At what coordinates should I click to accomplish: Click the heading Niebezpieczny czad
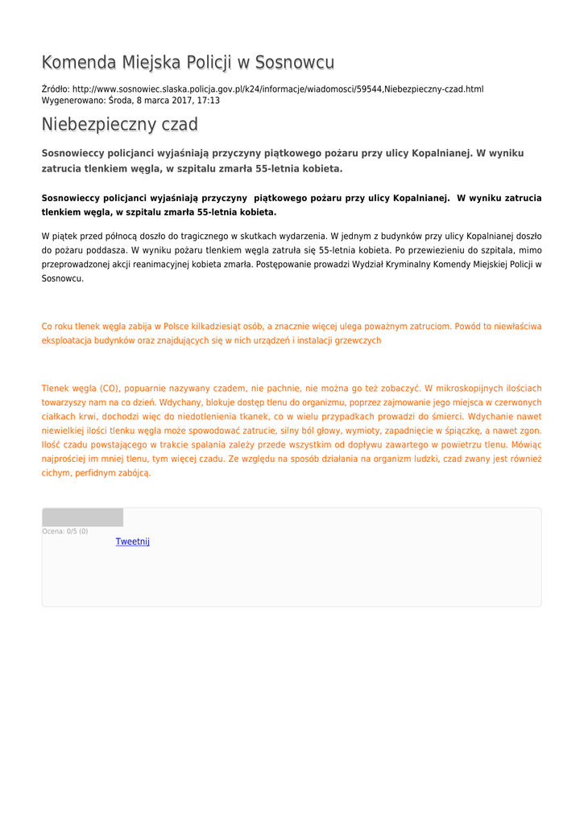[x=119, y=125]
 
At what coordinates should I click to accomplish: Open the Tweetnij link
[x=132, y=542]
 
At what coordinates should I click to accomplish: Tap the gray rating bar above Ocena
[x=82, y=517]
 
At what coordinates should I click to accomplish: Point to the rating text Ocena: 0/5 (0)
[x=65, y=531]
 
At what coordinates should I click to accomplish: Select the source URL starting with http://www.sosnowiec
[x=278, y=89]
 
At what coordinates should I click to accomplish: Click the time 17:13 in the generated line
[x=209, y=101]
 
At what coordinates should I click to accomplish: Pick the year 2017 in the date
[x=178, y=101]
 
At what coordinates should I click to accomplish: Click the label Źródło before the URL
[x=55, y=89]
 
